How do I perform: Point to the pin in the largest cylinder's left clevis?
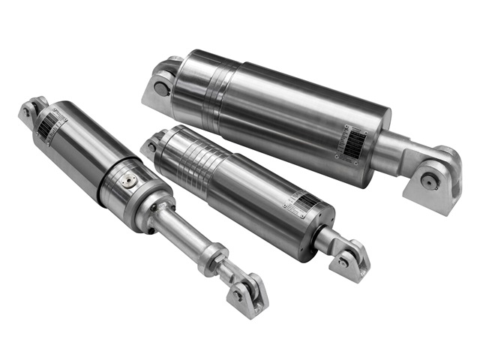(161, 88)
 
